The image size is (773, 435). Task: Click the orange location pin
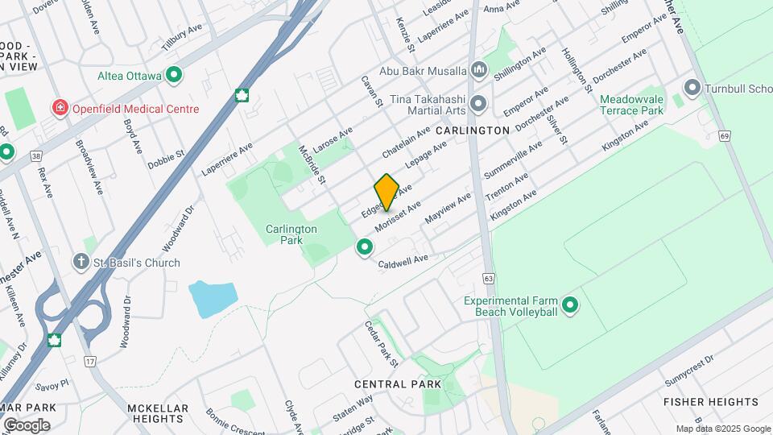pos(386,192)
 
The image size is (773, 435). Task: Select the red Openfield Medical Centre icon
pos(60,108)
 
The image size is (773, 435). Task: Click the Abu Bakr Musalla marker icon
pos(480,70)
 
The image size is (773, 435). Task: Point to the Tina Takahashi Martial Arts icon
pos(480,103)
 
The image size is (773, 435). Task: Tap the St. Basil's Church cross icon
pos(81,262)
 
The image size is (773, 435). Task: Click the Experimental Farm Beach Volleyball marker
pos(570,305)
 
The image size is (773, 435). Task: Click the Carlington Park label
pos(291,234)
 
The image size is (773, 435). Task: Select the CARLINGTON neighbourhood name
pos(473,130)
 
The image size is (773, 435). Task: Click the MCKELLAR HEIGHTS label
pos(159,413)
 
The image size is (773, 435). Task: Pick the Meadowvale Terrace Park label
pos(631,104)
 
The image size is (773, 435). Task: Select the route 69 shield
pos(725,136)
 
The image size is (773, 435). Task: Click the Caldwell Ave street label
pos(403,260)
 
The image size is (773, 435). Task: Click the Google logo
pos(26,425)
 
